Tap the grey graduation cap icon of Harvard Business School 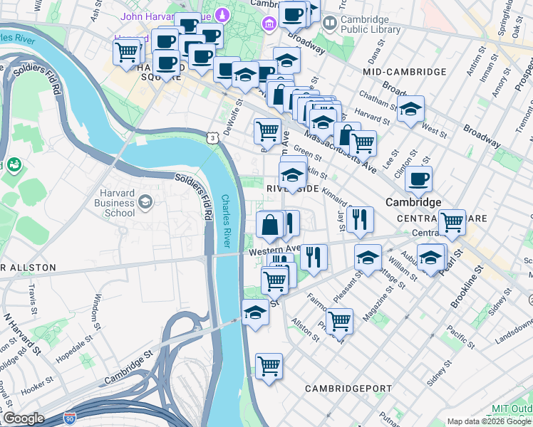[x=146, y=203]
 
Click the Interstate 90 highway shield [x=70, y=419]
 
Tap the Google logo [x=24, y=418]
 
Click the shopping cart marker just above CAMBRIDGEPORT [x=269, y=367]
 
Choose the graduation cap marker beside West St [x=410, y=109]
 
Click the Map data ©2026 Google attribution [x=489, y=421]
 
